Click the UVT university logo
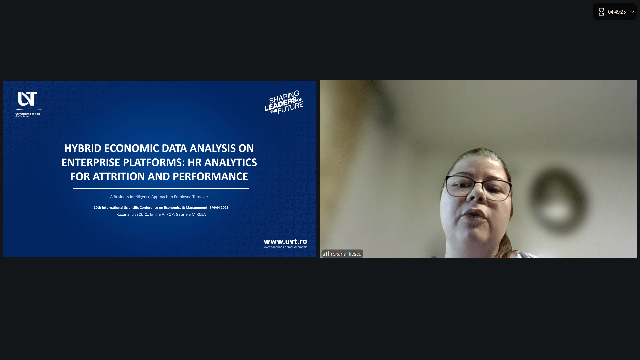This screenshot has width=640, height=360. (x=28, y=104)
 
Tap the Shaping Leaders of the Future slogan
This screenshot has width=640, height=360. (x=284, y=102)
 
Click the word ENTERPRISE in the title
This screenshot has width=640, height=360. (x=91, y=162)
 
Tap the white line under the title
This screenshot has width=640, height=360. (x=161, y=188)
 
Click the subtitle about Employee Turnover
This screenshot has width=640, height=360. (x=159, y=197)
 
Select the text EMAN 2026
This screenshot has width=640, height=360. (x=219, y=208)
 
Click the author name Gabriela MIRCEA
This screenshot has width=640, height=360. (x=191, y=214)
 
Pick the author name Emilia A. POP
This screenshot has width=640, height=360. (x=162, y=214)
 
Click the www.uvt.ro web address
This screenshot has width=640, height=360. (x=285, y=241)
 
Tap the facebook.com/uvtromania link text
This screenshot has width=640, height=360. (x=285, y=247)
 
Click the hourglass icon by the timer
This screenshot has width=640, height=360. (x=601, y=12)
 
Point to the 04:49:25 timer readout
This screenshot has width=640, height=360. (x=617, y=12)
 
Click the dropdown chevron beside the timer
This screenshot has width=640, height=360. (x=632, y=12)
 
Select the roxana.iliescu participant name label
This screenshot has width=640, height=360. (x=346, y=254)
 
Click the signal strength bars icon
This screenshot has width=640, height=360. (x=326, y=254)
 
